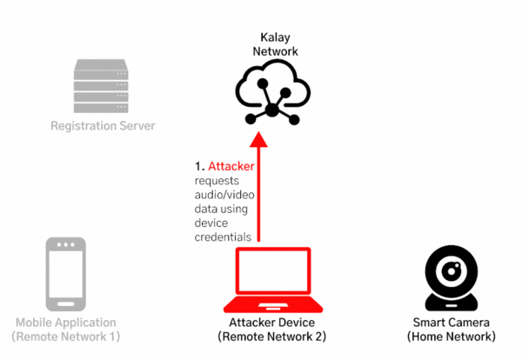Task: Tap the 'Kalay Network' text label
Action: coord(275,44)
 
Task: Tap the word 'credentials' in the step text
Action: coord(223,237)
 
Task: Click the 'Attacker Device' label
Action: coord(271,322)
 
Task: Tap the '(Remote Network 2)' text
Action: coord(271,336)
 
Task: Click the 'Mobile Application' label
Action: coord(67,322)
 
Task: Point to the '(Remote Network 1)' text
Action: coord(67,336)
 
